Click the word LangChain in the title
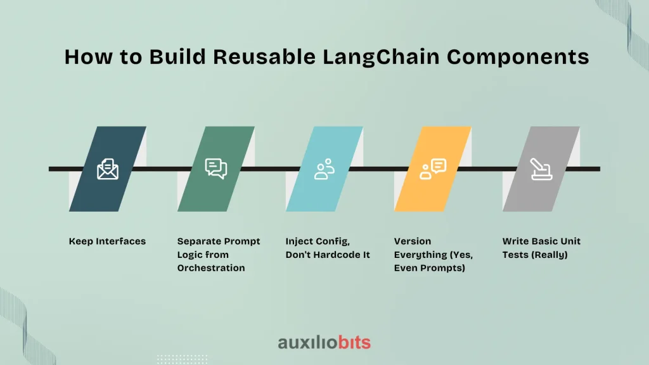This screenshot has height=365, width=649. click(381, 57)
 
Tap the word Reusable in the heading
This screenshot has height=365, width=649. click(264, 56)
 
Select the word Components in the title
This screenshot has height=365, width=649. click(518, 57)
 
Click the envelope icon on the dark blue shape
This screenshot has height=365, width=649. click(108, 169)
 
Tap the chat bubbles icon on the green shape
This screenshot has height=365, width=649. click(216, 169)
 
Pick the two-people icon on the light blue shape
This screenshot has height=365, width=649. click(324, 169)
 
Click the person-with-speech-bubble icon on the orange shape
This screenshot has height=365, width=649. click(433, 169)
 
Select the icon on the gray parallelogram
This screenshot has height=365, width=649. click(541, 169)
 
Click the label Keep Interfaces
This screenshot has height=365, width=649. click(107, 241)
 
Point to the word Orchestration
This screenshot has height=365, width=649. click(211, 268)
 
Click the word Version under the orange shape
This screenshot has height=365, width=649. click(412, 241)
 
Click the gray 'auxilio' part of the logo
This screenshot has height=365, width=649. click(307, 343)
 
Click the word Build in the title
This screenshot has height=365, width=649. click(177, 56)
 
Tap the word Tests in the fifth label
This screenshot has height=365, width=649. click(515, 255)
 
